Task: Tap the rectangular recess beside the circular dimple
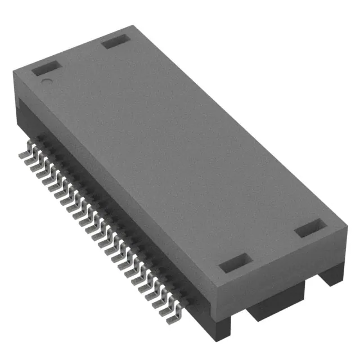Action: tap(46, 70)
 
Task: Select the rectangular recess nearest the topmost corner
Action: tap(115, 41)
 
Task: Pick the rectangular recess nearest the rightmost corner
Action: tap(310, 229)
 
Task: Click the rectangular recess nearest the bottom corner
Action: tap(233, 263)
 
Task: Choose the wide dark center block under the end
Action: tap(276, 304)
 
